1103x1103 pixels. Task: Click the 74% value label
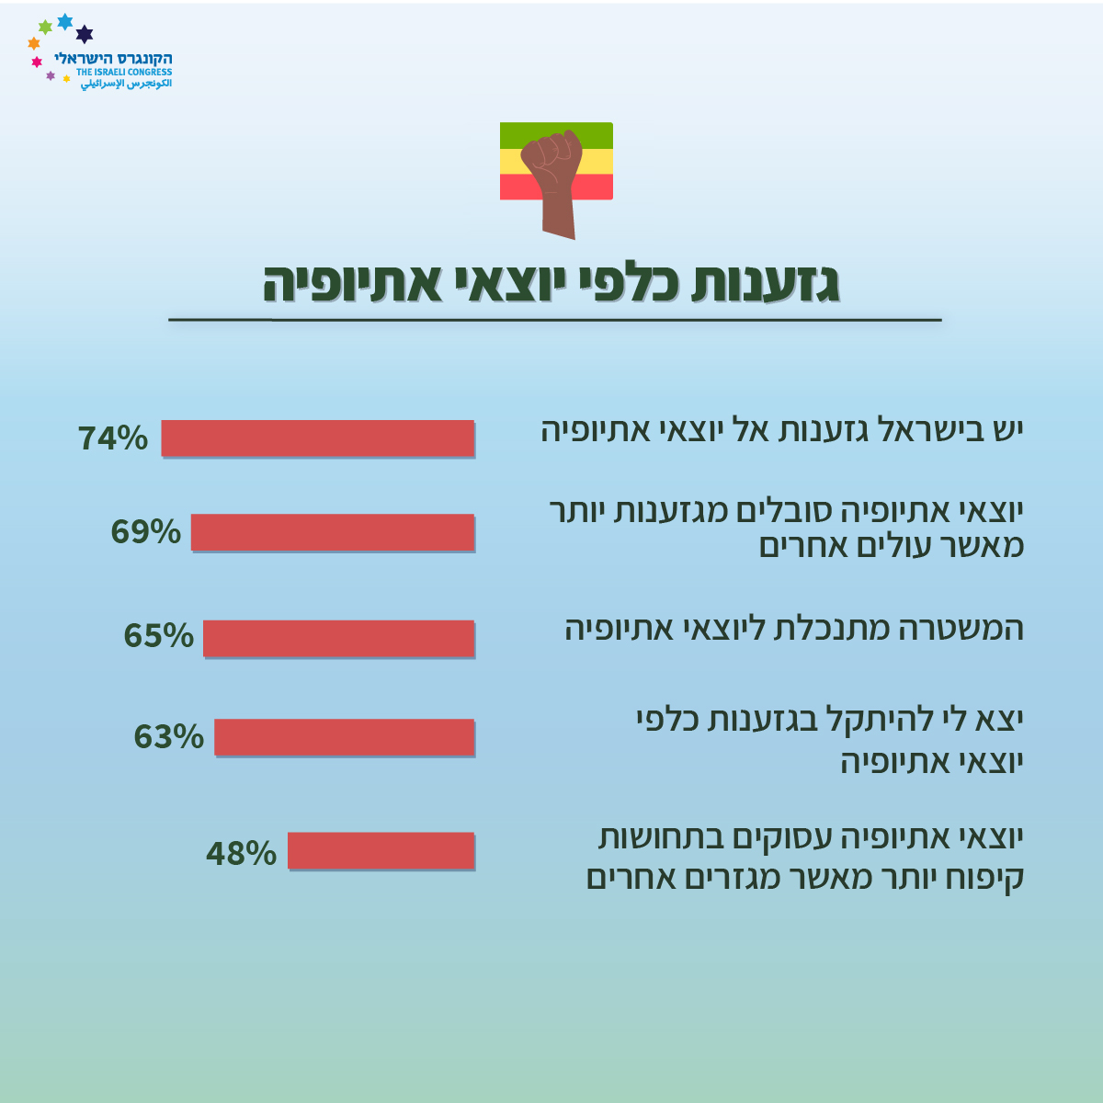pyautogui.click(x=113, y=438)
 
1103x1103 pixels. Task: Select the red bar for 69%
pyautogui.click(x=333, y=532)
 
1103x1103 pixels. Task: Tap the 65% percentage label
pyautogui.click(x=159, y=635)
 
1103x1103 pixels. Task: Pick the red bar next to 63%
pyautogui.click(x=345, y=737)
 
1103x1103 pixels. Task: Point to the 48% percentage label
pyautogui.click(x=242, y=853)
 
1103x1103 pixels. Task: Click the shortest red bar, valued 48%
pyautogui.click(x=381, y=850)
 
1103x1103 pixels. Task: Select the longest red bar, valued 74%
pyautogui.click(x=318, y=438)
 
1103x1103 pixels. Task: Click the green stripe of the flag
pyautogui.click(x=556, y=136)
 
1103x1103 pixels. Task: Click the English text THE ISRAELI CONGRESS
pyautogui.click(x=124, y=72)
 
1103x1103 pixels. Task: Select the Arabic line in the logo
pyautogui.click(x=126, y=84)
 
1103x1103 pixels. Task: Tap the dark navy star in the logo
pyautogui.click(x=85, y=34)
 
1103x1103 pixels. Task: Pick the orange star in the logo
pyautogui.click(x=34, y=43)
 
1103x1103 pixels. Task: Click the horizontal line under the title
pyautogui.click(x=554, y=320)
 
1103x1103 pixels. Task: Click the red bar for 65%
pyautogui.click(x=339, y=638)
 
